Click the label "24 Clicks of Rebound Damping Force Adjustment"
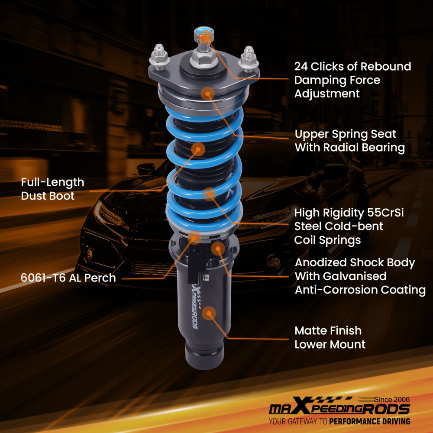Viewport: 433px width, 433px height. pos(352,80)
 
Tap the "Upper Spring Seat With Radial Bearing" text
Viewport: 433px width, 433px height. pos(349,141)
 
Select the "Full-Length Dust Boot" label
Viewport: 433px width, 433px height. pos(52,189)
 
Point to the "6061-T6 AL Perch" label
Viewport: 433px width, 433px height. pos(68,278)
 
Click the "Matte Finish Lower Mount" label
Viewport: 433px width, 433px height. pos(330,337)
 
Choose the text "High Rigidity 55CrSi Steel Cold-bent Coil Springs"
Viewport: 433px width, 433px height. pos(345,226)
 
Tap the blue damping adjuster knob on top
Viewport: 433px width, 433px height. pos(203,34)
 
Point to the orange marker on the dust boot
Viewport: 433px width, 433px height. pos(198,149)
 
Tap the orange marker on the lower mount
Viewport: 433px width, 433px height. pos(209,313)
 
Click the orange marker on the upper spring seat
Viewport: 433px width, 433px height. pos(207,93)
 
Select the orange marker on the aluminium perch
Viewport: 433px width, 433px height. pos(195,236)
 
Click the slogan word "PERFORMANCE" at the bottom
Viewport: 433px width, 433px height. pos(356,421)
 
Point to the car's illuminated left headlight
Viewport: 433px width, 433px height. pos(108,212)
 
